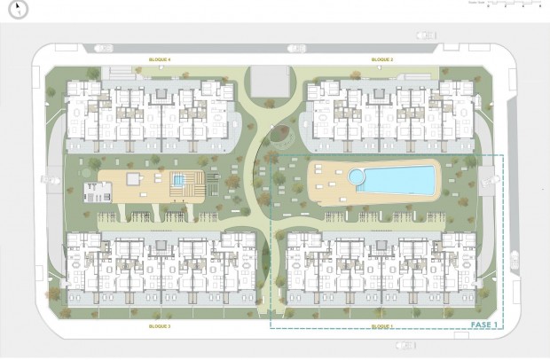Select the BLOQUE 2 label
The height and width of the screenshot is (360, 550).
[382, 59]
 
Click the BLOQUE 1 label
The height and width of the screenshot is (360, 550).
[382, 326]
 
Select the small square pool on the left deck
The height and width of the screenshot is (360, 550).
[179, 181]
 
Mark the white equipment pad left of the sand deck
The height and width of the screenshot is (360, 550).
[95, 190]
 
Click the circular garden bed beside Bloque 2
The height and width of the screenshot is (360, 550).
[282, 137]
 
